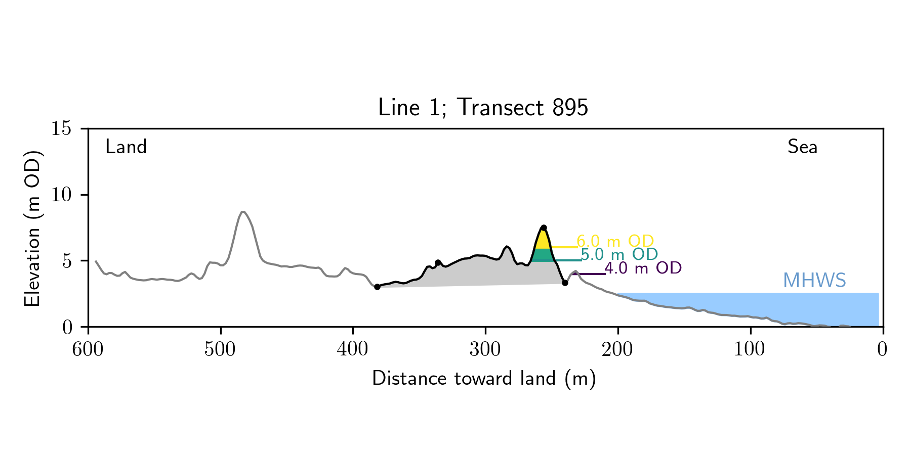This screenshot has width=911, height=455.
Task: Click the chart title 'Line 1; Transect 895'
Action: click(x=483, y=108)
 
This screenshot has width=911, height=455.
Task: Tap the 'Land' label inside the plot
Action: click(x=126, y=147)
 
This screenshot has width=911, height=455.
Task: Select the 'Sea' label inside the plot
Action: click(x=802, y=147)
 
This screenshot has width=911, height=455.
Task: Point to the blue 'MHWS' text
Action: click(x=814, y=281)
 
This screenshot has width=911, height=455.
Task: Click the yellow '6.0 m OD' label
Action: click(x=615, y=241)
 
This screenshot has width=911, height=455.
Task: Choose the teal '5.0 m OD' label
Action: click(x=619, y=254)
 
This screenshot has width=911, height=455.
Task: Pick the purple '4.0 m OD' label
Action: click(x=643, y=268)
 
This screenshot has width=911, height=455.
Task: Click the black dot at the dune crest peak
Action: click(x=544, y=227)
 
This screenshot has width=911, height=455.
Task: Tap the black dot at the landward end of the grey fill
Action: click(x=377, y=287)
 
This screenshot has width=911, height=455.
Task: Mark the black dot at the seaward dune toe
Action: click(x=565, y=283)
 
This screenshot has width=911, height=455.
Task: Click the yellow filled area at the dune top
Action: click(x=543, y=241)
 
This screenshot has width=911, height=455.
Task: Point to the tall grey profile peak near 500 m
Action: click(x=243, y=212)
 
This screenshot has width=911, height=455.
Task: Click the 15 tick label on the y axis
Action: click(x=61, y=129)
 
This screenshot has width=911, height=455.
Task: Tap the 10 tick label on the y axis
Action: click(x=61, y=195)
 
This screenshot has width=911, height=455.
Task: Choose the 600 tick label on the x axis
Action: click(x=88, y=349)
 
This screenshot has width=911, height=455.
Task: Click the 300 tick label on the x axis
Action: click(x=485, y=349)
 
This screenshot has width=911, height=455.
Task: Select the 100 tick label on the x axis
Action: click(x=750, y=349)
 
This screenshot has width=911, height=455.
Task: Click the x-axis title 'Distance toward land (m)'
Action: click(x=484, y=379)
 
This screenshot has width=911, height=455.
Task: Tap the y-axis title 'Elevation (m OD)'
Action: click(x=32, y=228)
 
